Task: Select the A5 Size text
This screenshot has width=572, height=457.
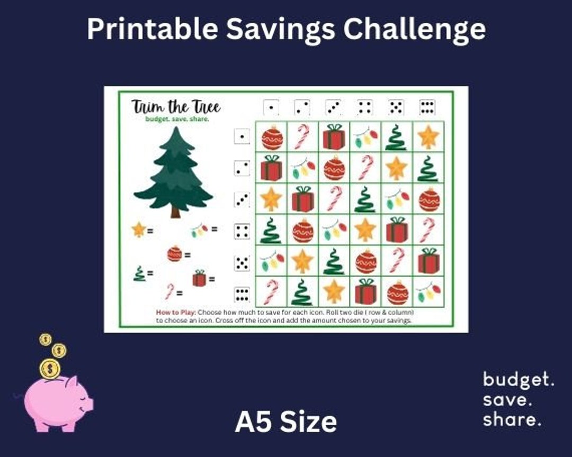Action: click(x=286, y=422)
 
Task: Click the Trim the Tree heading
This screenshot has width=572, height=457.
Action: click(x=176, y=107)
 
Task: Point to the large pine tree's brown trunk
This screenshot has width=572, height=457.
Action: click(x=175, y=212)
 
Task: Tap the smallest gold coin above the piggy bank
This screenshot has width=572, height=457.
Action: click(x=46, y=339)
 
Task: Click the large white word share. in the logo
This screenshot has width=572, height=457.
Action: click(x=512, y=420)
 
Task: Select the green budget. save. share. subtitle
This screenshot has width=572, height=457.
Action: click(x=177, y=119)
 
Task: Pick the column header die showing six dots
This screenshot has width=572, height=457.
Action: click(x=427, y=107)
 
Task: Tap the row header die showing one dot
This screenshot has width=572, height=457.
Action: click(x=242, y=137)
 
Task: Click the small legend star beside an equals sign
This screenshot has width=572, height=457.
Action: click(x=139, y=230)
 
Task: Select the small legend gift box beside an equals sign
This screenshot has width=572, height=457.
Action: click(x=199, y=278)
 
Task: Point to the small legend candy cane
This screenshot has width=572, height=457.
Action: click(x=169, y=290)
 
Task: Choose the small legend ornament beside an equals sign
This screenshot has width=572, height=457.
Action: click(x=174, y=254)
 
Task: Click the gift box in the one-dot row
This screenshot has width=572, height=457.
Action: click(x=334, y=137)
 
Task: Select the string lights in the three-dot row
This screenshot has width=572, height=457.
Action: click(x=397, y=199)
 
